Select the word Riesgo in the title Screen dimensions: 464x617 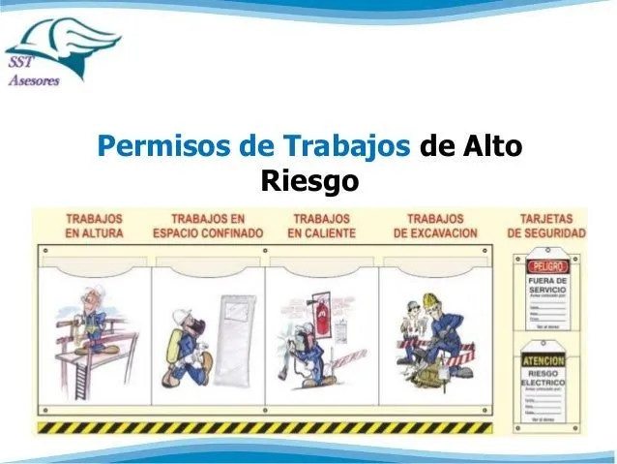click(x=309, y=181)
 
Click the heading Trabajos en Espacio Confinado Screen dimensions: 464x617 click(x=207, y=227)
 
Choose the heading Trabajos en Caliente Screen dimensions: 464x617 click(x=322, y=227)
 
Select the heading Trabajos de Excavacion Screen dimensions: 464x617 click(x=435, y=227)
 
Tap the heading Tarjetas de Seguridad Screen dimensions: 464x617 click(x=546, y=227)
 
